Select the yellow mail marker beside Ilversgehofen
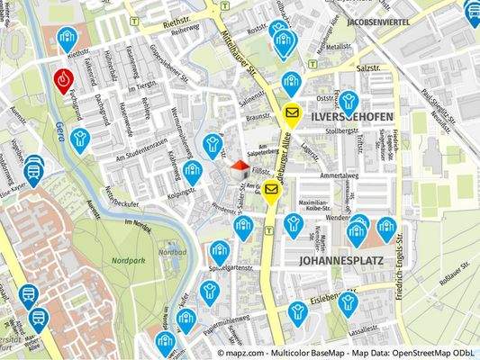click(x=291, y=112)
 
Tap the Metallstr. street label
click(x=339, y=44)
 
